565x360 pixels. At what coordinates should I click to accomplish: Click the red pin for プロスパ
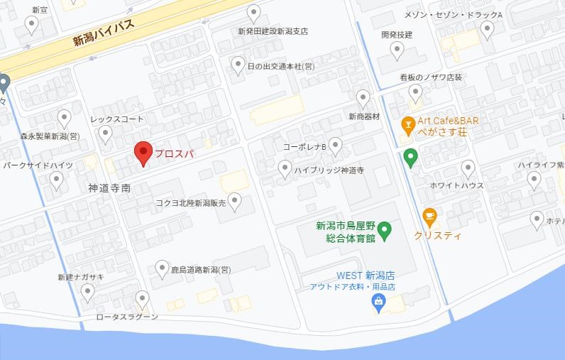pyautogui.click(x=144, y=152)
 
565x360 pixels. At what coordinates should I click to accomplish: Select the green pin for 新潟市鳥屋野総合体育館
pyautogui.click(x=384, y=229)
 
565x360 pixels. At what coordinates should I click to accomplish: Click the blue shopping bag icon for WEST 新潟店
pyautogui.click(x=379, y=302)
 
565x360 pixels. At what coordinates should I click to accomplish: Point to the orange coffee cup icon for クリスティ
pyautogui.click(x=429, y=215)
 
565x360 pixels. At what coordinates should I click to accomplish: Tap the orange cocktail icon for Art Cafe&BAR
pyautogui.click(x=408, y=126)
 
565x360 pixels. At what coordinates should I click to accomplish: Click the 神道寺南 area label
pyautogui.click(x=109, y=188)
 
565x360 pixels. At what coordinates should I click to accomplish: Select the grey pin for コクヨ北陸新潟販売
pyautogui.click(x=234, y=201)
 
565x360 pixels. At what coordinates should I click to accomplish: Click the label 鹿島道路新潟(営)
pyautogui.click(x=201, y=270)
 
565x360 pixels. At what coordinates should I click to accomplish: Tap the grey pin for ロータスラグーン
pyautogui.click(x=143, y=299)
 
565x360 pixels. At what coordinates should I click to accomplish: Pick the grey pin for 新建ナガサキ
pyautogui.click(x=87, y=291)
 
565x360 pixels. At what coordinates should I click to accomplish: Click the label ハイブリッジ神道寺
pyautogui.click(x=329, y=170)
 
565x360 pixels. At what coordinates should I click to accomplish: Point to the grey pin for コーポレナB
pyautogui.click(x=336, y=146)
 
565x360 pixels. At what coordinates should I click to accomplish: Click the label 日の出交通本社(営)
pyautogui.click(x=280, y=66)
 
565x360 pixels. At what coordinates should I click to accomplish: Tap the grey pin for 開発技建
pyautogui.click(x=397, y=50)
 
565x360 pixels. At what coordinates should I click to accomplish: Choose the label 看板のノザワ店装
pyautogui.click(x=431, y=77)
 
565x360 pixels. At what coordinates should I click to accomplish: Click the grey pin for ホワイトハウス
pyautogui.click(x=468, y=168)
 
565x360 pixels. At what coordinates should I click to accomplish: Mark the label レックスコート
pyautogui.click(x=117, y=119)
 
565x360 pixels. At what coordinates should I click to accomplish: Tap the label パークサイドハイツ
pyautogui.click(x=38, y=165)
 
